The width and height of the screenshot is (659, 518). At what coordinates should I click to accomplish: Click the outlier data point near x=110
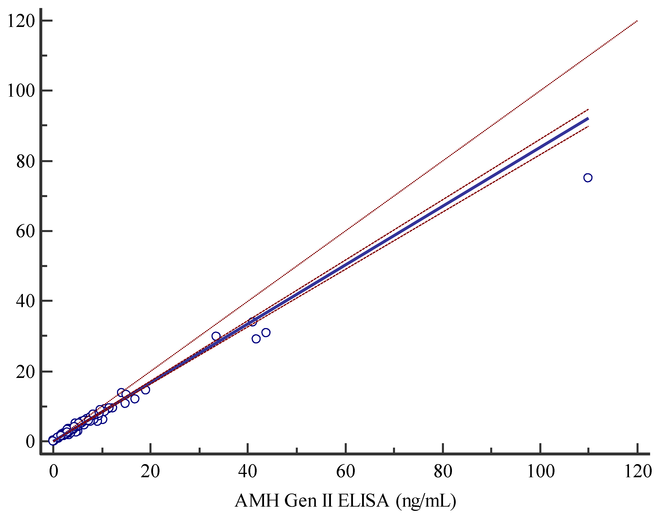click(x=588, y=178)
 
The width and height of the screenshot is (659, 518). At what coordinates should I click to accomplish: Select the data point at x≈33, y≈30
click(x=216, y=336)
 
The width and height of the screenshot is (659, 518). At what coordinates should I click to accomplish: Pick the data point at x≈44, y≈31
click(x=266, y=332)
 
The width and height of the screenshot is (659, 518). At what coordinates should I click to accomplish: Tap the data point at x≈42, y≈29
click(x=256, y=339)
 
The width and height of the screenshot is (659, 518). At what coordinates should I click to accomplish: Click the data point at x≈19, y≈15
click(x=146, y=390)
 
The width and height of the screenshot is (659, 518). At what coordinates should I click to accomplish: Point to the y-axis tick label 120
click(x=21, y=21)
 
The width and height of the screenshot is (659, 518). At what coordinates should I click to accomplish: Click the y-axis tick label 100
click(x=21, y=91)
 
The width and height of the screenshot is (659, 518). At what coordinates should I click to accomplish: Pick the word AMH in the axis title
click(x=257, y=501)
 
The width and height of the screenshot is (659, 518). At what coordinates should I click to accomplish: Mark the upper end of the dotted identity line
click(x=637, y=21)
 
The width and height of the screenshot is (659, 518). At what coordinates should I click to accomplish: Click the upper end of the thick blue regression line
click(x=588, y=118)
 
